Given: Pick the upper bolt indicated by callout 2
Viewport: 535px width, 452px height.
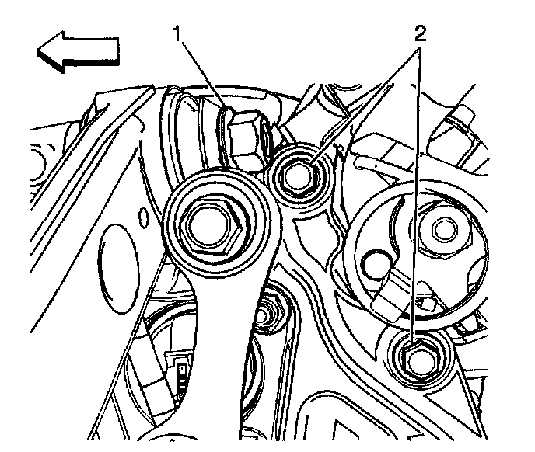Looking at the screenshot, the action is pos(295,176).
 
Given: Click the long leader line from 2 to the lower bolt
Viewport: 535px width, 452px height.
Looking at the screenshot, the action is pos(418,194).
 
